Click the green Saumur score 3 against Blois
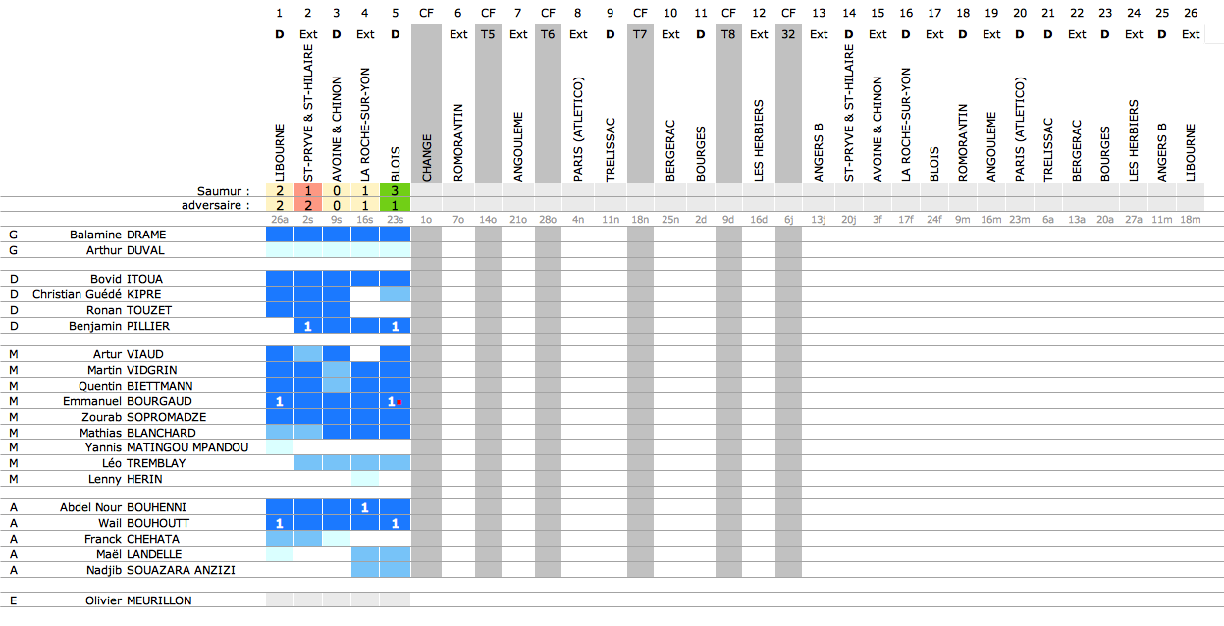click(x=395, y=190)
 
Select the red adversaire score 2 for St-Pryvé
click(x=307, y=205)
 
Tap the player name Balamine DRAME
click(x=118, y=235)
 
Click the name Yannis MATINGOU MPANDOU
click(x=167, y=448)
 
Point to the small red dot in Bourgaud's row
click(x=399, y=402)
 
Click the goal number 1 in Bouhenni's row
click(x=364, y=507)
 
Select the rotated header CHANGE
click(x=427, y=158)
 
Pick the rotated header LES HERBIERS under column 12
click(x=759, y=140)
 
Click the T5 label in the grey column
click(x=488, y=34)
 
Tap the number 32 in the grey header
click(x=788, y=34)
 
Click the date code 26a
click(x=279, y=220)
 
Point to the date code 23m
click(x=1019, y=220)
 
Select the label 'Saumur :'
click(x=223, y=191)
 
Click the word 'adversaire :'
click(x=215, y=205)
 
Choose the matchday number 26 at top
click(x=1190, y=13)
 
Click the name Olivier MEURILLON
click(x=138, y=600)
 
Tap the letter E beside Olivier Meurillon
click(x=13, y=600)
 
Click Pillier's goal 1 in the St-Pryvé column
click(x=307, y=326)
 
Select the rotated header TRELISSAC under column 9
click(x=611, y=150)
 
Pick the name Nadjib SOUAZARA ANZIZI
click(x=161, y=570)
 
